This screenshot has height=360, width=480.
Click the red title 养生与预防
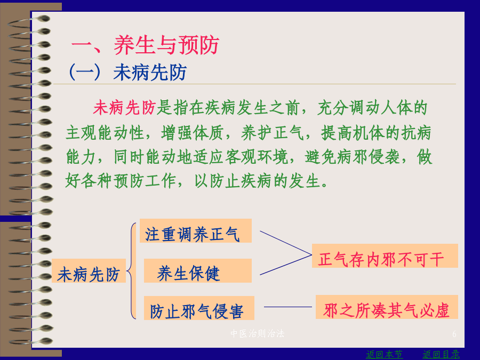tap(166, 45)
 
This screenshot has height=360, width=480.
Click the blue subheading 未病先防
tap(150, 73)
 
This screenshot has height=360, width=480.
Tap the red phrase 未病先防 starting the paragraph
tap(125, 108)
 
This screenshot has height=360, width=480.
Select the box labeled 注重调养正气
tap(196, 231)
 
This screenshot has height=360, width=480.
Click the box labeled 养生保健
tap(198, 270)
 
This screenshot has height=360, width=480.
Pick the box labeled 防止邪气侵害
tap(199, 308)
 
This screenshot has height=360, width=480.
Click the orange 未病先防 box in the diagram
tap(89, 270)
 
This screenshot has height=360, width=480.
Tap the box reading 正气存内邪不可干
tap(385, 256)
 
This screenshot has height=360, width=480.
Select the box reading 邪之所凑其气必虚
tap(387, 307)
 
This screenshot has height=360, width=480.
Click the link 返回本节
tap(384, 354)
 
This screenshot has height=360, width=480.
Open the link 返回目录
tap(441, 354)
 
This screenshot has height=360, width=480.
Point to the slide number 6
tap(454, 334)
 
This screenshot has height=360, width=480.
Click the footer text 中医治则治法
tap(257, 333)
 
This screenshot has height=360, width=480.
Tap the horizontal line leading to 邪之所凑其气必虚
tap(288, 307)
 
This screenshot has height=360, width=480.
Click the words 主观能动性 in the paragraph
tap(105, 133)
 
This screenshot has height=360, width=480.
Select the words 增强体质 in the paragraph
tap(192, 133)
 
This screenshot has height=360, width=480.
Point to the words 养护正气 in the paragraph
tap(273, 133)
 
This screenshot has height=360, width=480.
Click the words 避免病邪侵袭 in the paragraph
tap(353, 157)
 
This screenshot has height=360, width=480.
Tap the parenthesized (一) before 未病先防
tap(85, 73)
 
